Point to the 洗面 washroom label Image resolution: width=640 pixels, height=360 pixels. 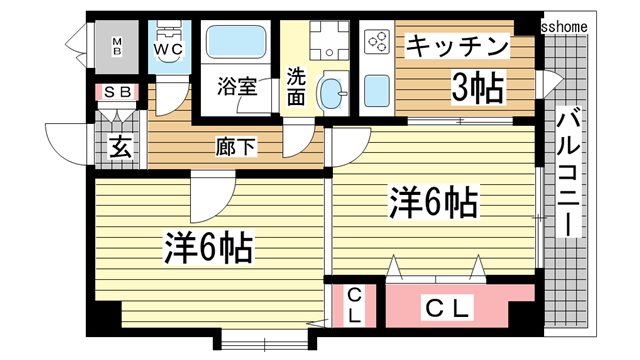point(297,86)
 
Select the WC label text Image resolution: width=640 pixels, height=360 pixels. point(167,47)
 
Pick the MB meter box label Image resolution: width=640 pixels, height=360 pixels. point(116,44)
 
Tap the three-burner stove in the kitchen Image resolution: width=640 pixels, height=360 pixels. point(377,43)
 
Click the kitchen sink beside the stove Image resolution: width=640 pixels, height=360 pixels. point(377,89)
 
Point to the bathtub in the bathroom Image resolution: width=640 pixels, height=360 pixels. point(238,44)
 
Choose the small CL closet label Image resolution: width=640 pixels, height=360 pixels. point(355,307)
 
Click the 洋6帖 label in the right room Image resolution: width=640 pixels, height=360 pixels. point(432,204)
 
